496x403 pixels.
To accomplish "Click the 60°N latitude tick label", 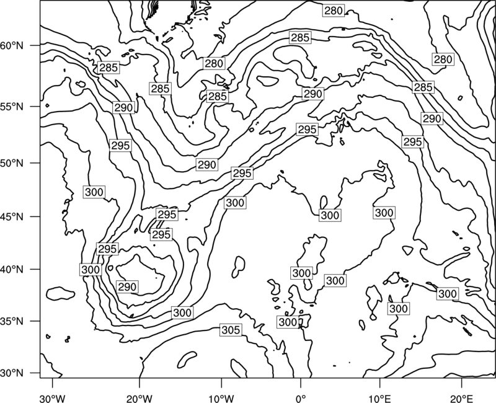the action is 12,46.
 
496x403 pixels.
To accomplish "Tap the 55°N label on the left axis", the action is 12,107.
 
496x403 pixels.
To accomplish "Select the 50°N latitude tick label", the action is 12,163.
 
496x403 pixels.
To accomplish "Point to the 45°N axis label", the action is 12,216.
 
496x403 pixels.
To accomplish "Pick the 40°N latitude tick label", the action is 12,270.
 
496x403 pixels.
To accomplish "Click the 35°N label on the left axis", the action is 12,321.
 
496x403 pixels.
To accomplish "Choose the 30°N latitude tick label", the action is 12,373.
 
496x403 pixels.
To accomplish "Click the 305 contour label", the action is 231,330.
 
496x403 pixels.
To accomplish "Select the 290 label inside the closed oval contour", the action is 127,287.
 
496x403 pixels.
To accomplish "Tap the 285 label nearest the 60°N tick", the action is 108,68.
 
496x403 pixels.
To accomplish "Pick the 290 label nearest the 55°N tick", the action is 123,108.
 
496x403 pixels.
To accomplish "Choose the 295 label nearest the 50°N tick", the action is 121,146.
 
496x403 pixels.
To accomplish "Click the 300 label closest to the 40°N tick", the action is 91,270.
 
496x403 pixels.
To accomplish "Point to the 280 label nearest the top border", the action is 334,11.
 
